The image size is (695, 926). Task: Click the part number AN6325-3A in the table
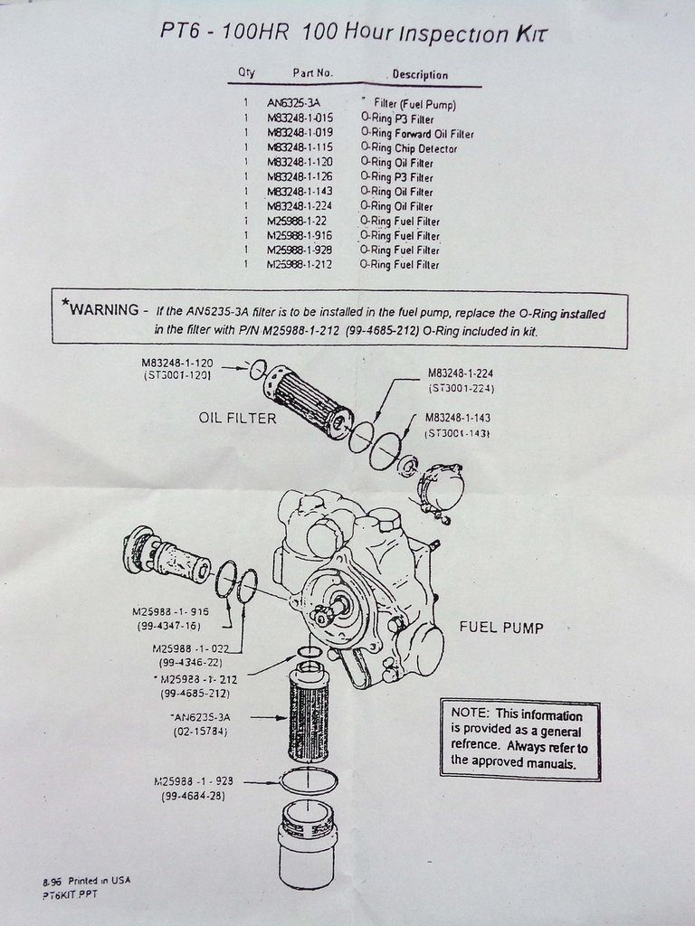[x=293, y=103]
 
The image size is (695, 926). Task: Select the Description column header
[x=420, y=75]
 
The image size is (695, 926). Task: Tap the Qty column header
[x=246, y=71]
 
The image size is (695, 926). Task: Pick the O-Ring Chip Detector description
[x=408, y=148]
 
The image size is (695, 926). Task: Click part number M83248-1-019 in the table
[x=300, y=133]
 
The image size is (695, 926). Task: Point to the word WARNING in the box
[x=104, y=309]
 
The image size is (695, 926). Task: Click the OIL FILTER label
[x=237, y=418]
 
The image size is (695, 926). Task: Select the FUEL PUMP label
[x=501, y=628]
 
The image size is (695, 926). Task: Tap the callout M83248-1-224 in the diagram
[x=462, y=373]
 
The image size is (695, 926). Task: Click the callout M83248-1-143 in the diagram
[x=457, y=418]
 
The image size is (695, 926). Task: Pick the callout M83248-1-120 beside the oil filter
[x=177, y=363]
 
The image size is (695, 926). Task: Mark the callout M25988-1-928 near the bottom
[x=194, y=781]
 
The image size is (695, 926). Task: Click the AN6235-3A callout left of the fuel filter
[x=200, y=717]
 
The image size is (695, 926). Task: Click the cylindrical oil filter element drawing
[x=308, y=402]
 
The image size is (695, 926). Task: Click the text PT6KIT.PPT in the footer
[x=70, y=894]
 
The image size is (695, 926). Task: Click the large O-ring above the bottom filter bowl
[x=309, y=780]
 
